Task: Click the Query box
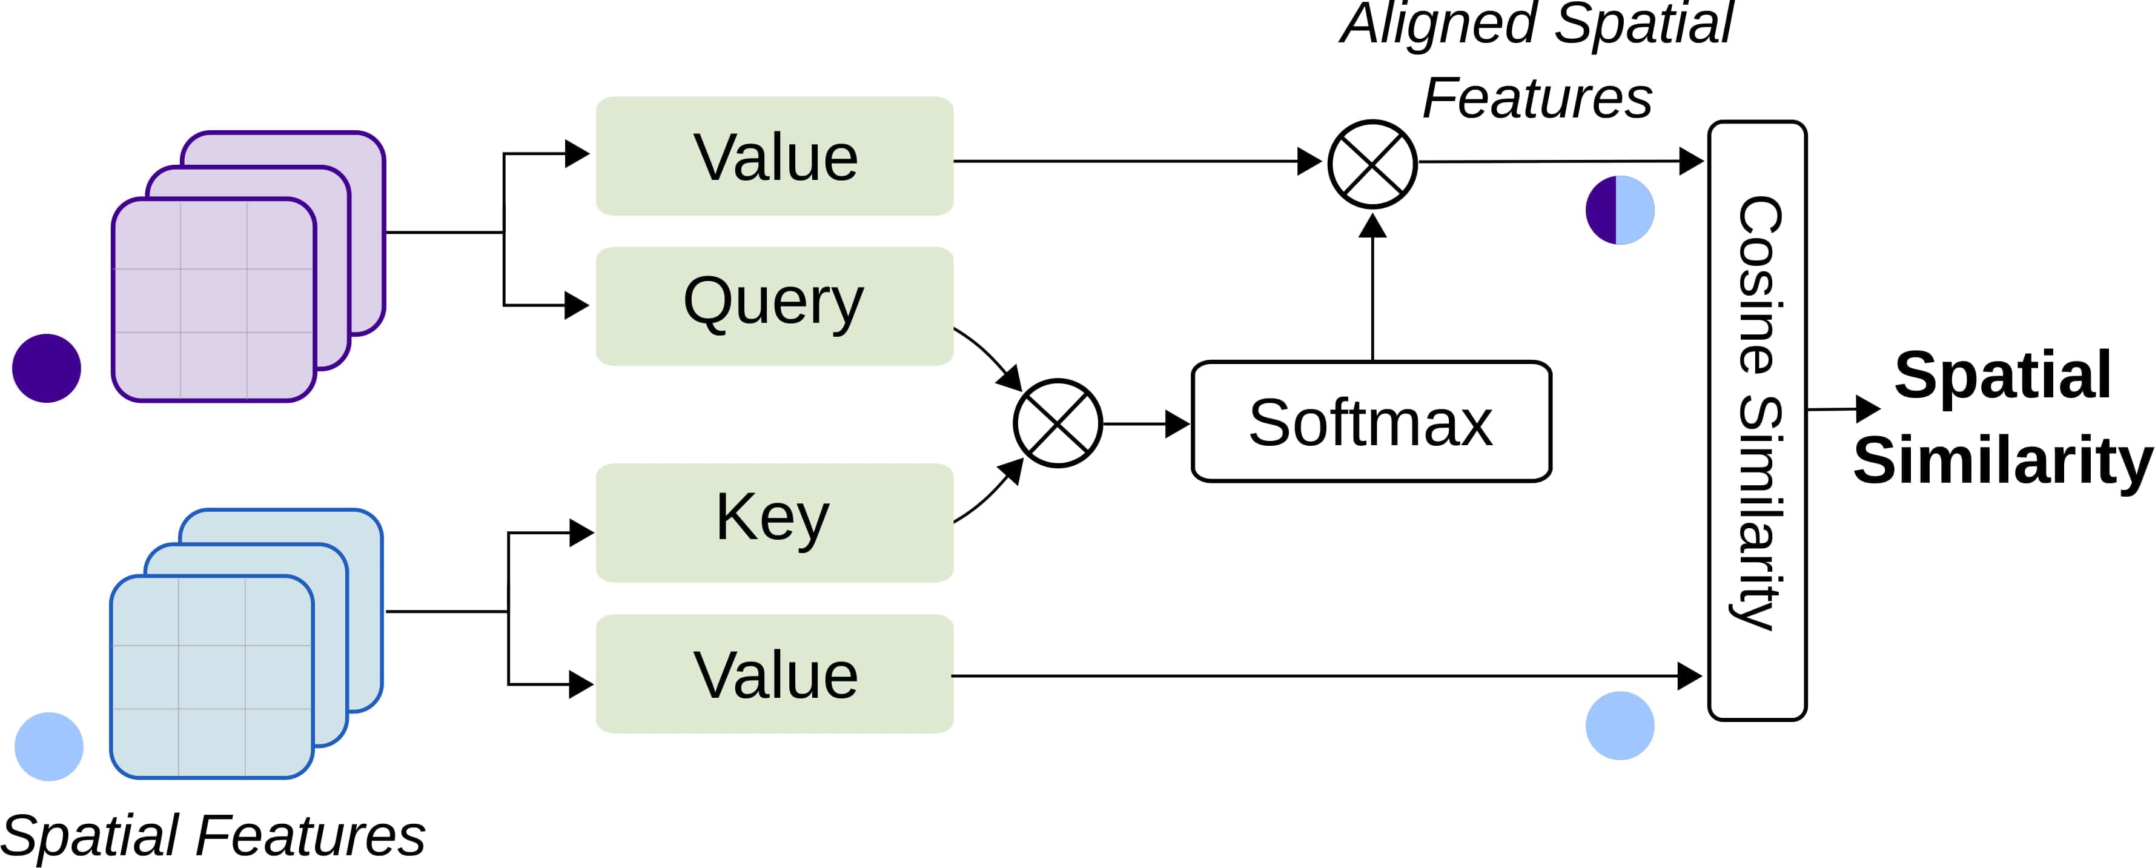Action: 774,305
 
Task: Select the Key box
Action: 774,522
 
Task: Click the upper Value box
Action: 774,156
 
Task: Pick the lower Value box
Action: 774,674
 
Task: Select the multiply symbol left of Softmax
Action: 1058,423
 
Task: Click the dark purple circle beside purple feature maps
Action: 47,368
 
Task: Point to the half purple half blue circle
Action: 1620,210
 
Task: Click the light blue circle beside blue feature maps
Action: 48,747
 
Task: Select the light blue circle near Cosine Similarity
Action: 1620,726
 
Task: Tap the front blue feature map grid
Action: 211,677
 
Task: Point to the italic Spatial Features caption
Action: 213,835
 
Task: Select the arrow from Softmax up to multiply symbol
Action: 1373,289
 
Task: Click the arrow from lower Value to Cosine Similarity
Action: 1322,675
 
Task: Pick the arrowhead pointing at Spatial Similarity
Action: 1867,409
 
